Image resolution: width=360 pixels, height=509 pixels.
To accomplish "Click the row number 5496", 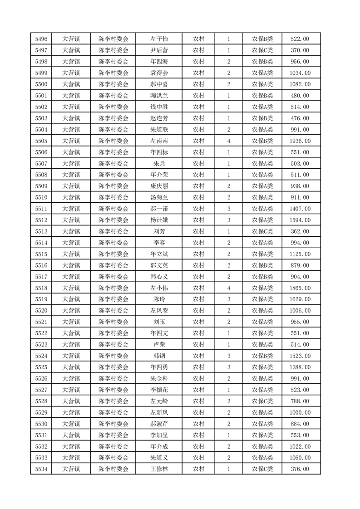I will (x=41, y=39).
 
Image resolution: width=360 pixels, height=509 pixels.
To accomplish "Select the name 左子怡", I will (x=159, y=39).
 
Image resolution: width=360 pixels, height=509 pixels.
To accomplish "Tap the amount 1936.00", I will (x=300, y=141).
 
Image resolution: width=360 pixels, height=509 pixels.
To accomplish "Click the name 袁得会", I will (x=159, y=73).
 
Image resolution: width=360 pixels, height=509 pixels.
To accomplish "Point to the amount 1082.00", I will (x=300, y=84).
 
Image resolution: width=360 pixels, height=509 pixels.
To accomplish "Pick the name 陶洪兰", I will (x=159, y=96).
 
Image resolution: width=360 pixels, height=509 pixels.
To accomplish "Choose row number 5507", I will (x=41, y=164).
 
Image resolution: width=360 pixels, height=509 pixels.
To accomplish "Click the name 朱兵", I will (x=159, y=164).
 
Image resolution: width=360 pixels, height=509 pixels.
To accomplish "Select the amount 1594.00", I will (x=300, y=220).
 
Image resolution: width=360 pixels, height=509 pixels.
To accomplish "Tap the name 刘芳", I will (x=159, y=231).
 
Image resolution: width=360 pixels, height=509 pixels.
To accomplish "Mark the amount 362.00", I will (x=300, y=231).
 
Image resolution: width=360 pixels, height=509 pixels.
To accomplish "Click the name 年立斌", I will (x=159, y=254).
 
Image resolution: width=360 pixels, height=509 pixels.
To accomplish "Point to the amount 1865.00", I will (x=300, y=288).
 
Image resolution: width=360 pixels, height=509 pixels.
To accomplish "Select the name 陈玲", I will (x=159, y=299).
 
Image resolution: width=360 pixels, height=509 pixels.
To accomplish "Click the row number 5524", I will (x=41, y=356).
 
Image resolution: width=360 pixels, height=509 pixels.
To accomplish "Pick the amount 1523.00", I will (x=300, y=356).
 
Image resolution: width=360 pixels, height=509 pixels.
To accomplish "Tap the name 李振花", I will (x=159, y=390).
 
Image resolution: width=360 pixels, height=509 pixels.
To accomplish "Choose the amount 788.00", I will (x=300, y=401).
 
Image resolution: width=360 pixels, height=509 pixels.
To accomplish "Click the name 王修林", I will (x=159, y=469).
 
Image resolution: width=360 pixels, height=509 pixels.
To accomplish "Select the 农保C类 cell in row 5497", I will (x=262, y=50).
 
